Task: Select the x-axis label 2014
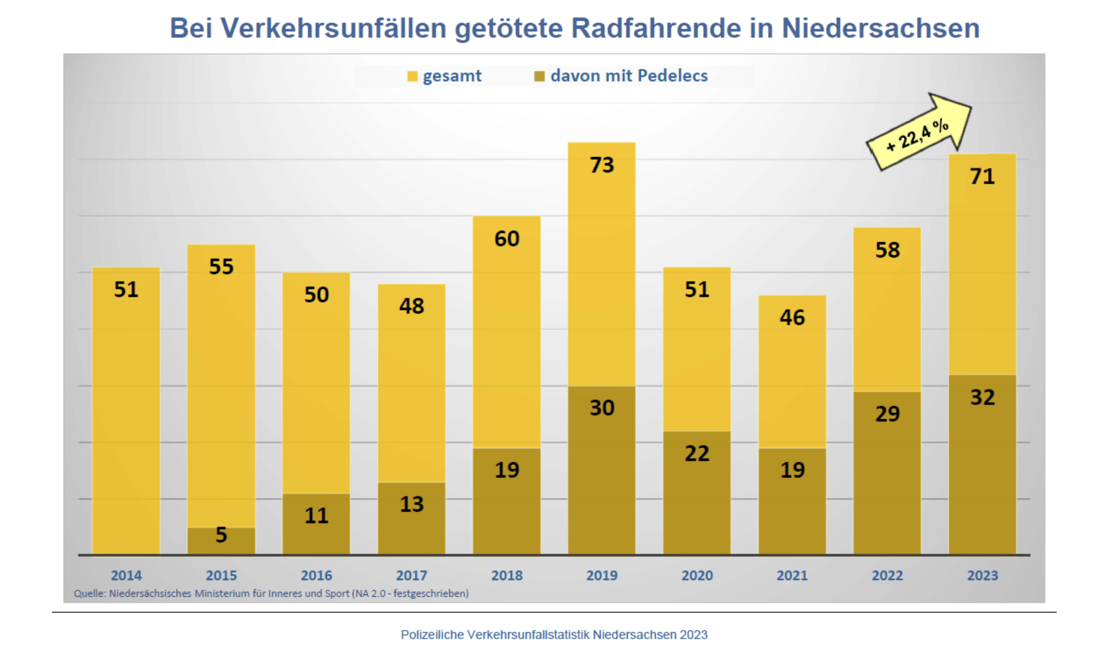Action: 126,576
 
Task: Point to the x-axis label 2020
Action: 697,576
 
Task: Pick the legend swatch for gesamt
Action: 412,77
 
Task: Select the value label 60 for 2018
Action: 507,239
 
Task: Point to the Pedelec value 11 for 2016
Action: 316,516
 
